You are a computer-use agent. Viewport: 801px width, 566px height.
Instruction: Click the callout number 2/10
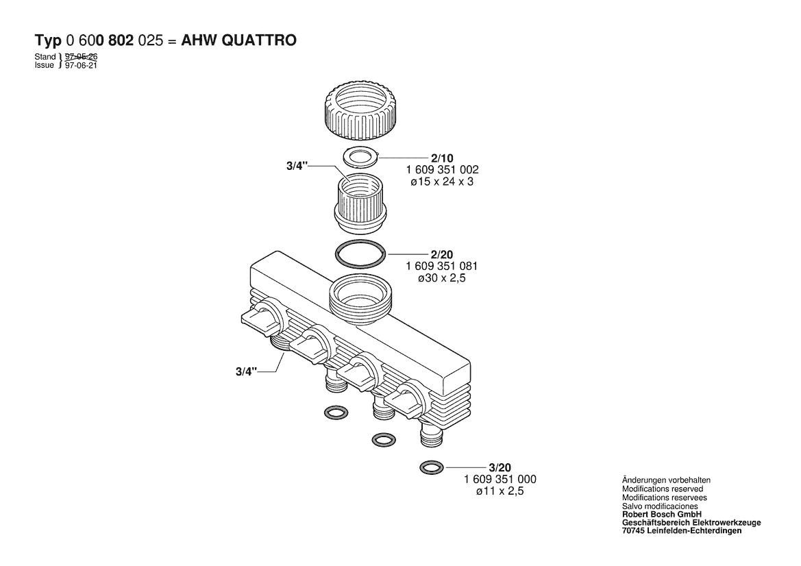pyautogui.click(x=442, y=158)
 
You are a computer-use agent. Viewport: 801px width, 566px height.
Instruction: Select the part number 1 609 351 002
pyautogui.click(x=443, y=170)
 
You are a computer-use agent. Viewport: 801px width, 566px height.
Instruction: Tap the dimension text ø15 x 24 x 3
pyautogui.click(x=442, y=182)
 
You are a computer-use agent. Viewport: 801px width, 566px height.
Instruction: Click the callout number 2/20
pyautogui.click(x=442, y=254)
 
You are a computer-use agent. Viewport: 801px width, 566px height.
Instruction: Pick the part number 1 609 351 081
pyautogui.click(x=442, y=266)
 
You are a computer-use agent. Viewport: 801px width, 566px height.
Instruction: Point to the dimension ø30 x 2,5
pyautogui.click(x=442, y=278)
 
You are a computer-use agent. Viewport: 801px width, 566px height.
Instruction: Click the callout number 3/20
pyautogui.click(x=500, y=467)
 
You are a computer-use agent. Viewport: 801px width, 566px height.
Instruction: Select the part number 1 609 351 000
pyautogui.click(x=500, y=479)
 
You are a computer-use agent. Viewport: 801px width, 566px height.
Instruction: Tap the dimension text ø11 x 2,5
pyautogui.click(x=500, y=491)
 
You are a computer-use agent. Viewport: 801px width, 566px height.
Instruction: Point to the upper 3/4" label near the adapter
pyautogui.click(x=297, y=166)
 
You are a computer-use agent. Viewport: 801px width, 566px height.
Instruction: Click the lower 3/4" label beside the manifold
pyautogui.click(x=247, y=371)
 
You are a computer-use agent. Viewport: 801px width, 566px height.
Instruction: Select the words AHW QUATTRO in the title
pyautogui.click(x=239, y=40)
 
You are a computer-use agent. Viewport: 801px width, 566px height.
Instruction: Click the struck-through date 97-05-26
pyautogui.click(x=82, y=57)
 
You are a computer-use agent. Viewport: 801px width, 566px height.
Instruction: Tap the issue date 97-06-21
pyautogui.click(x=82, y=65)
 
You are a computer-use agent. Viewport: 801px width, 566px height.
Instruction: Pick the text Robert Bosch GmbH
pyautogui.click(x=661, y=515)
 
